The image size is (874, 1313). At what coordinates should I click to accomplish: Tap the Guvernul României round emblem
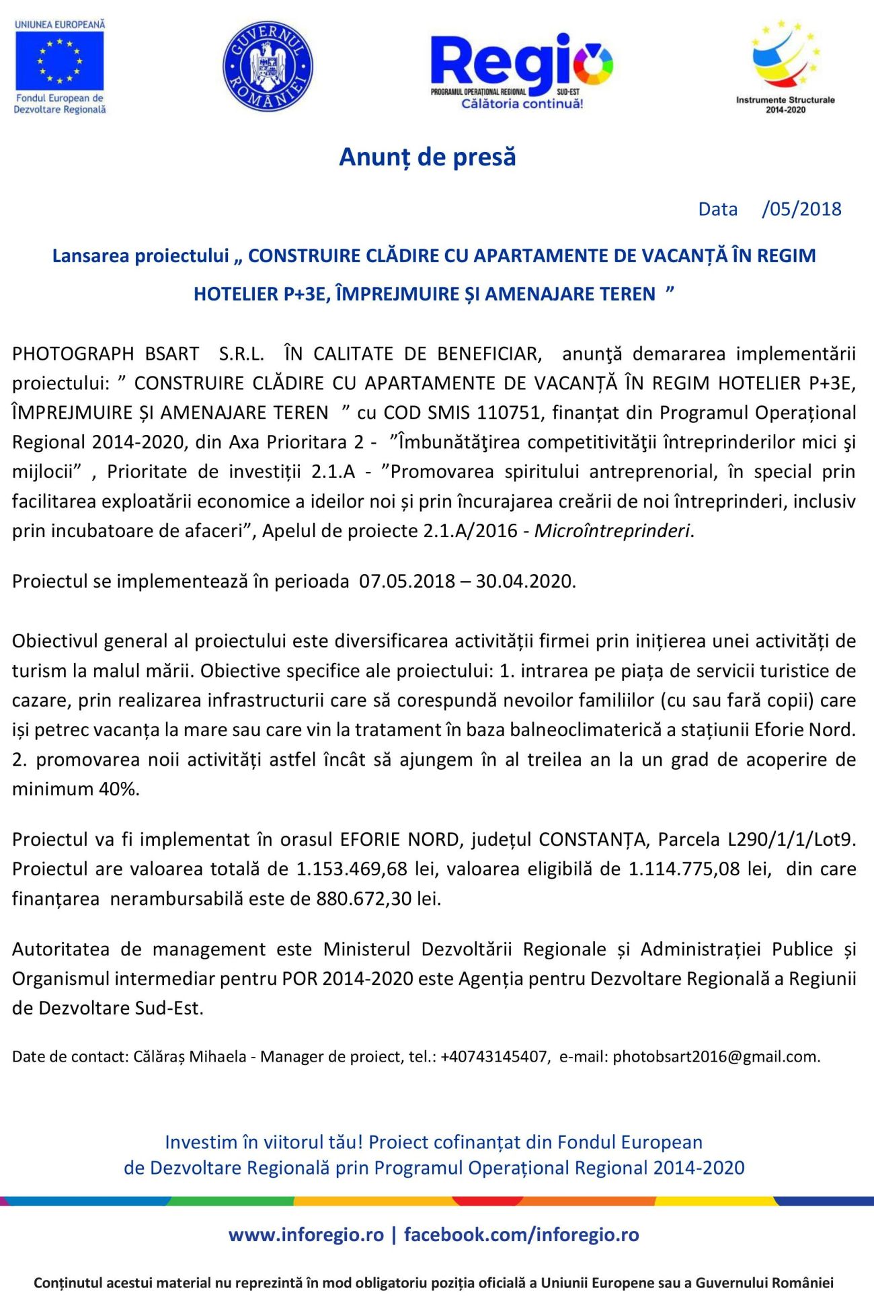268,66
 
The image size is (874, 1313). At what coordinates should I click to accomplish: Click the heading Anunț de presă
428,157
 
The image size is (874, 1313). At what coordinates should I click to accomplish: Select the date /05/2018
801,209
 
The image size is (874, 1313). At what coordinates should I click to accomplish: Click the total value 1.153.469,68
352,869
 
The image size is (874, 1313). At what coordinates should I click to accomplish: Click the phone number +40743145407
494,1057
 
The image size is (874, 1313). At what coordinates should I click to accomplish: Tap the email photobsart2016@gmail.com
715,1057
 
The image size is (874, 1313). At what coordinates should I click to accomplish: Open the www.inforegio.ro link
306,1235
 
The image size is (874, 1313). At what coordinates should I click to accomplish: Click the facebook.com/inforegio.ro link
521,1235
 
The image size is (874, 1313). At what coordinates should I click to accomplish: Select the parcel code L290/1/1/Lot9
791,840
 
